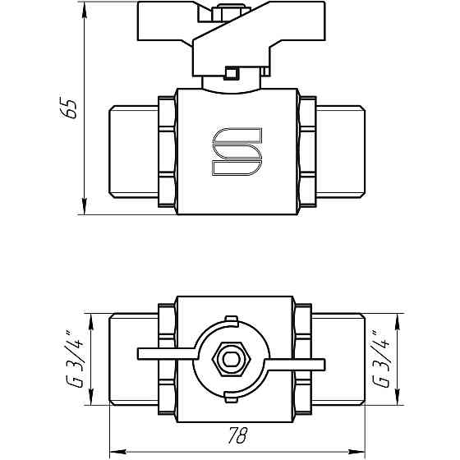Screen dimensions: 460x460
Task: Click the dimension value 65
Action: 71,108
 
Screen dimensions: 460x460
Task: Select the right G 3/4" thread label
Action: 380,359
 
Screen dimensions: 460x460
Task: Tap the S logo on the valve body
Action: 237,151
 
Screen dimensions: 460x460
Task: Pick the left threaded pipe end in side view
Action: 132,151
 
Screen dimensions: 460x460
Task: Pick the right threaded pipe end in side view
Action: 339,151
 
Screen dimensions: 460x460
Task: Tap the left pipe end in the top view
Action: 132,359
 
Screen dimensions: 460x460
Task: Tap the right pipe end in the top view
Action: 339,359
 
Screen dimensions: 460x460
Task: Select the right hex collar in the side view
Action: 307,151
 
